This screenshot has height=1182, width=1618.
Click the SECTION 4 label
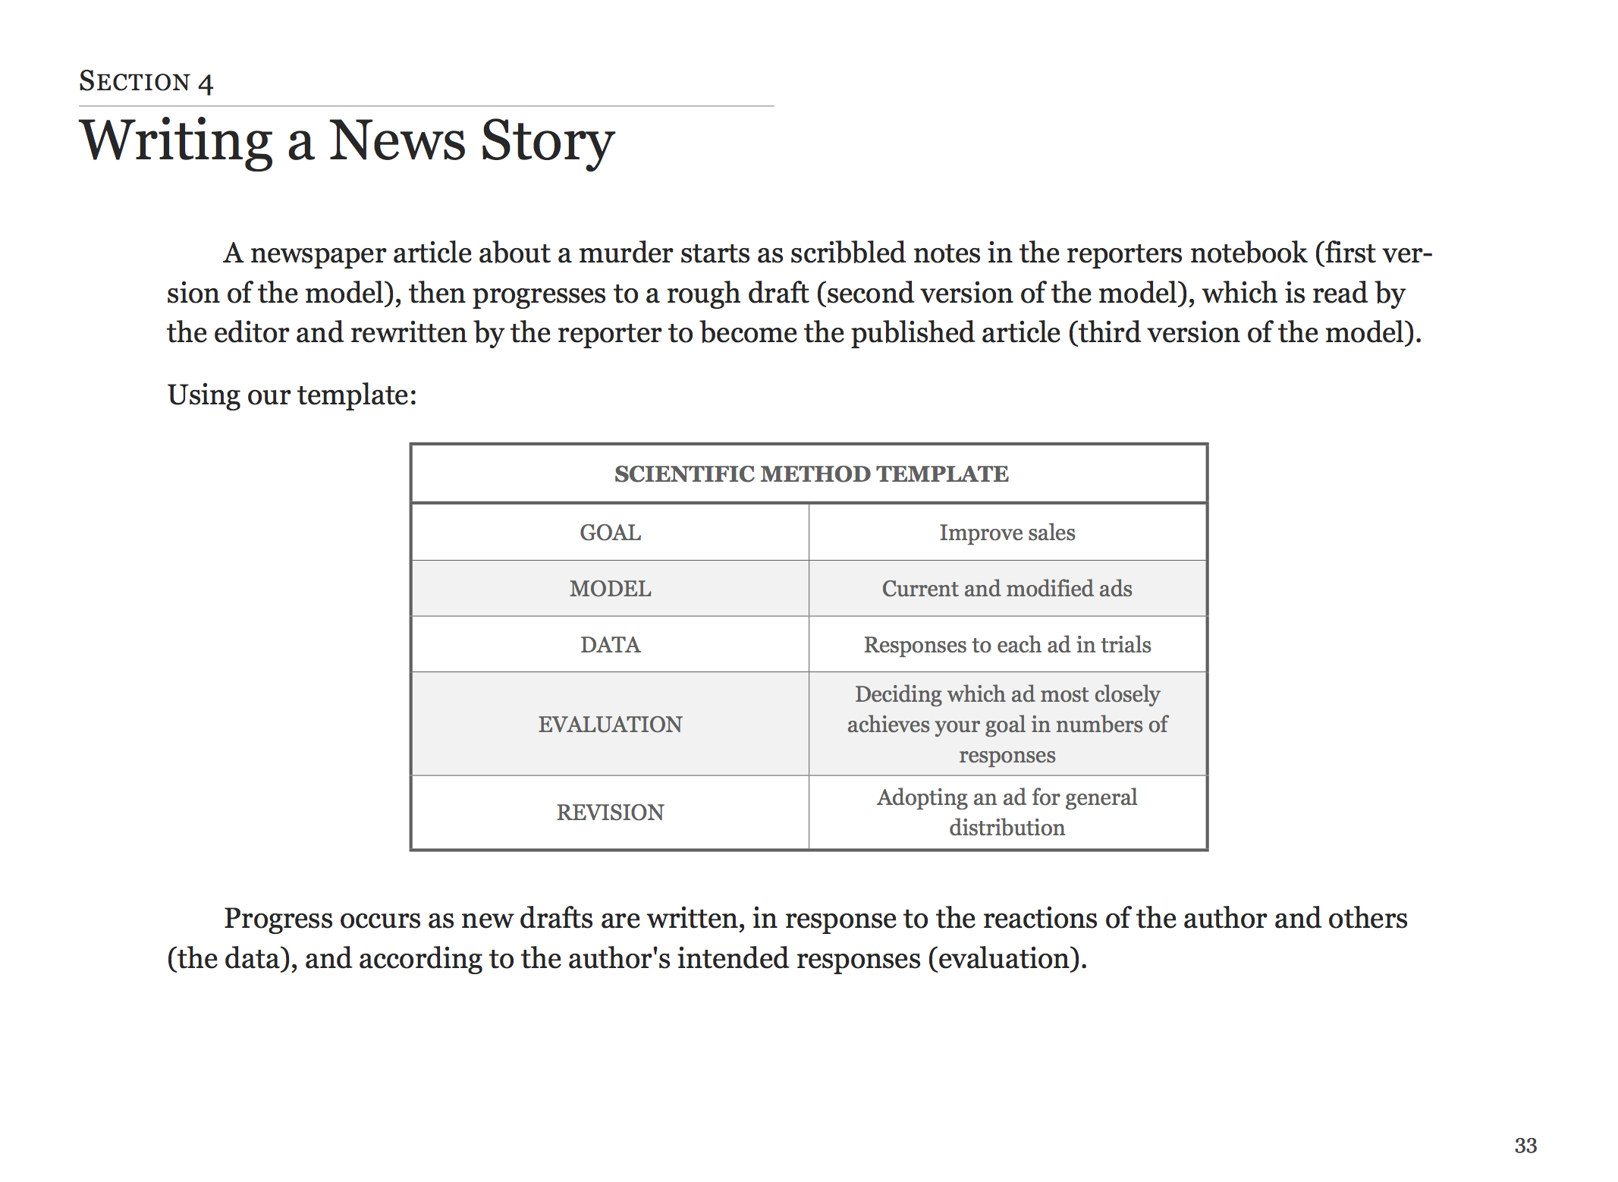146,81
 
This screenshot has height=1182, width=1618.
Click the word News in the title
397,141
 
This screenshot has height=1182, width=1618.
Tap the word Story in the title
547,141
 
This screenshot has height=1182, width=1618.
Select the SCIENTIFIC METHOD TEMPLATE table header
811,473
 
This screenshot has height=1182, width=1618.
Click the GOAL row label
610,533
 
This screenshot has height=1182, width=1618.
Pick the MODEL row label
610,589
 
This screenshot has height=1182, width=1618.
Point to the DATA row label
610,645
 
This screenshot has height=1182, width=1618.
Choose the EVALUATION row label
610,725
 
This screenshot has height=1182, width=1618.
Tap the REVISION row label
610,813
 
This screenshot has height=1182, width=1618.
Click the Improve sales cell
1007,533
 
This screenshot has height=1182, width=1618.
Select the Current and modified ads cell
1007,589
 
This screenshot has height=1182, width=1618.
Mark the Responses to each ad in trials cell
1007,645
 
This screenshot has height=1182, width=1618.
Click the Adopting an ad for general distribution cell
1007,813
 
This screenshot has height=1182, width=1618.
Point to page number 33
1525,1146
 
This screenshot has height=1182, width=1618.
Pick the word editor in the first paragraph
250,333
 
